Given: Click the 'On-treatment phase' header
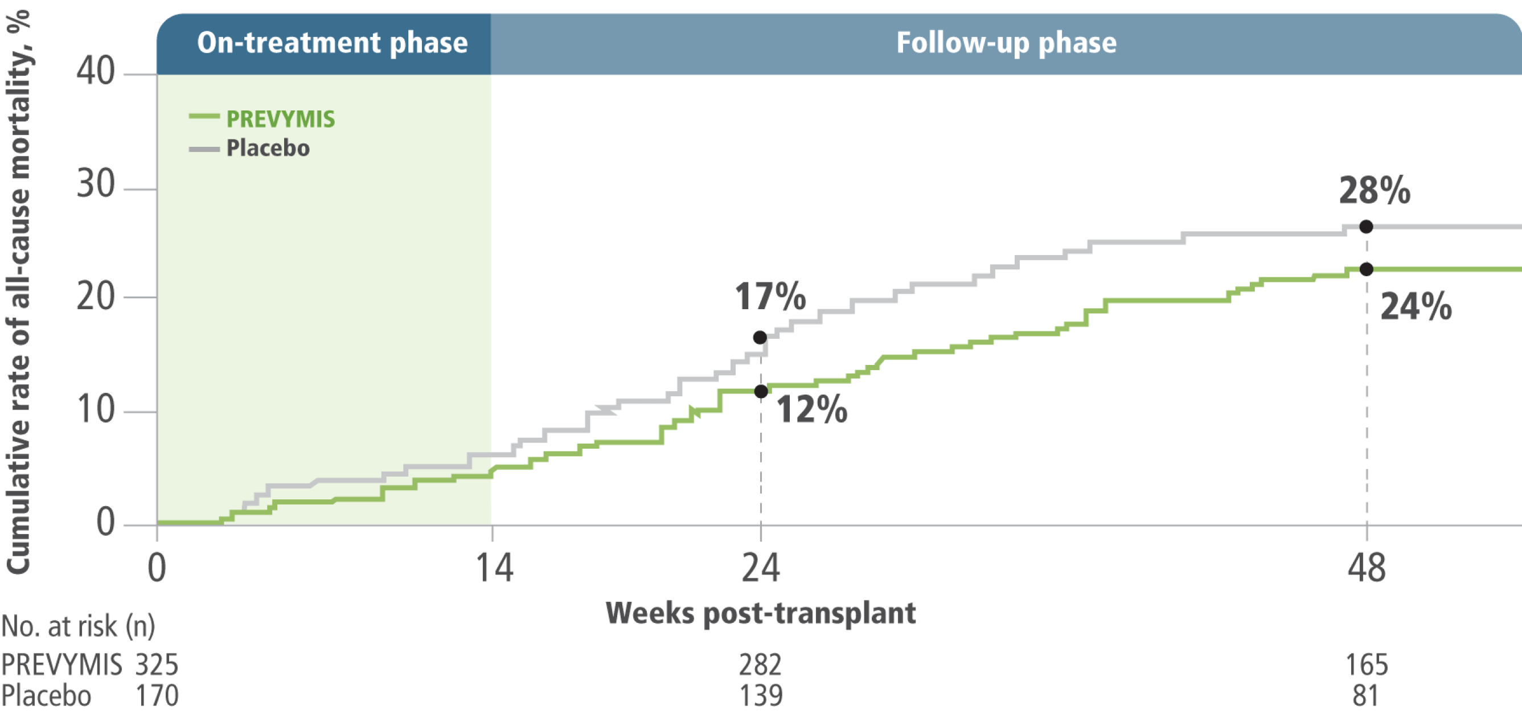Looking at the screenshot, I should coord(332,43).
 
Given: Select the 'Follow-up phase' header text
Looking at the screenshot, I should coord(1006,43).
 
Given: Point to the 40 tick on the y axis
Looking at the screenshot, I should coord(95,72).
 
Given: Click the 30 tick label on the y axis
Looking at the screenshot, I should coord(95,184).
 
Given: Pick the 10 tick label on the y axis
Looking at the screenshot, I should coord(95,409).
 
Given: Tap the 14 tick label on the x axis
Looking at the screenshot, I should coord(494,568).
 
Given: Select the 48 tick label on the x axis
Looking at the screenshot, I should coord(1366,568).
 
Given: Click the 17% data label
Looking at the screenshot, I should coord(770,296).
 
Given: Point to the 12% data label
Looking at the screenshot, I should coord(811,409).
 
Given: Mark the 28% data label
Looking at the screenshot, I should coord(1375,191).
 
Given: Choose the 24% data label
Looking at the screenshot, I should coord(1416,307).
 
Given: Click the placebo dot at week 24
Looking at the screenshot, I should coord(760,338).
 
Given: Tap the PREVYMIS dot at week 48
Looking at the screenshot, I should coord(1366,269).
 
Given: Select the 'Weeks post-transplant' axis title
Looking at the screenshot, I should coord(760,614).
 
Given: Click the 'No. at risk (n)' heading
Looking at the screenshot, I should coord(78,626).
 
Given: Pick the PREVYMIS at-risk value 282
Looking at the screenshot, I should coord(760,665).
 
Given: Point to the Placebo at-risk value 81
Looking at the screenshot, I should coord(1365,696).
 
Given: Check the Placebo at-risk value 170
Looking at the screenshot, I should coord(157,696).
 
